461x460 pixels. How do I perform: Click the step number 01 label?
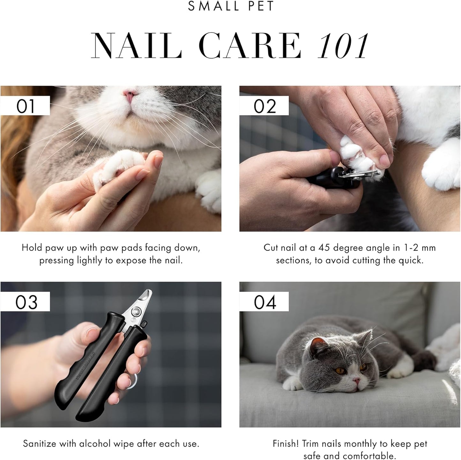click(x=25, y=106)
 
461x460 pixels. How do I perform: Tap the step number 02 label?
click(x=264, y=106)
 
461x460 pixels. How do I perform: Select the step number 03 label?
click(x=26, y=302)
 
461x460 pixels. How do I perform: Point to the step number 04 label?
click(x=265, y=302)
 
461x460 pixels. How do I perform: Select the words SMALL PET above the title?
click(x=231, y=6)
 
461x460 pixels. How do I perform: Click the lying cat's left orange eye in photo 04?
click(x=340, y=371)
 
